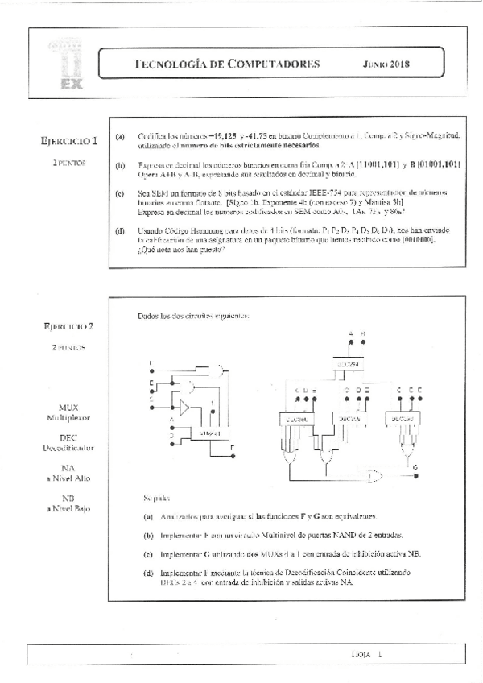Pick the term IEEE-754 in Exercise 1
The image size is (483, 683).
click(337, 194)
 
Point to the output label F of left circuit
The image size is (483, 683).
click(233, 447)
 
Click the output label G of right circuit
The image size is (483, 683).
click(415, 467)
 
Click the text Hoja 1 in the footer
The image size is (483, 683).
click(365, 656)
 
